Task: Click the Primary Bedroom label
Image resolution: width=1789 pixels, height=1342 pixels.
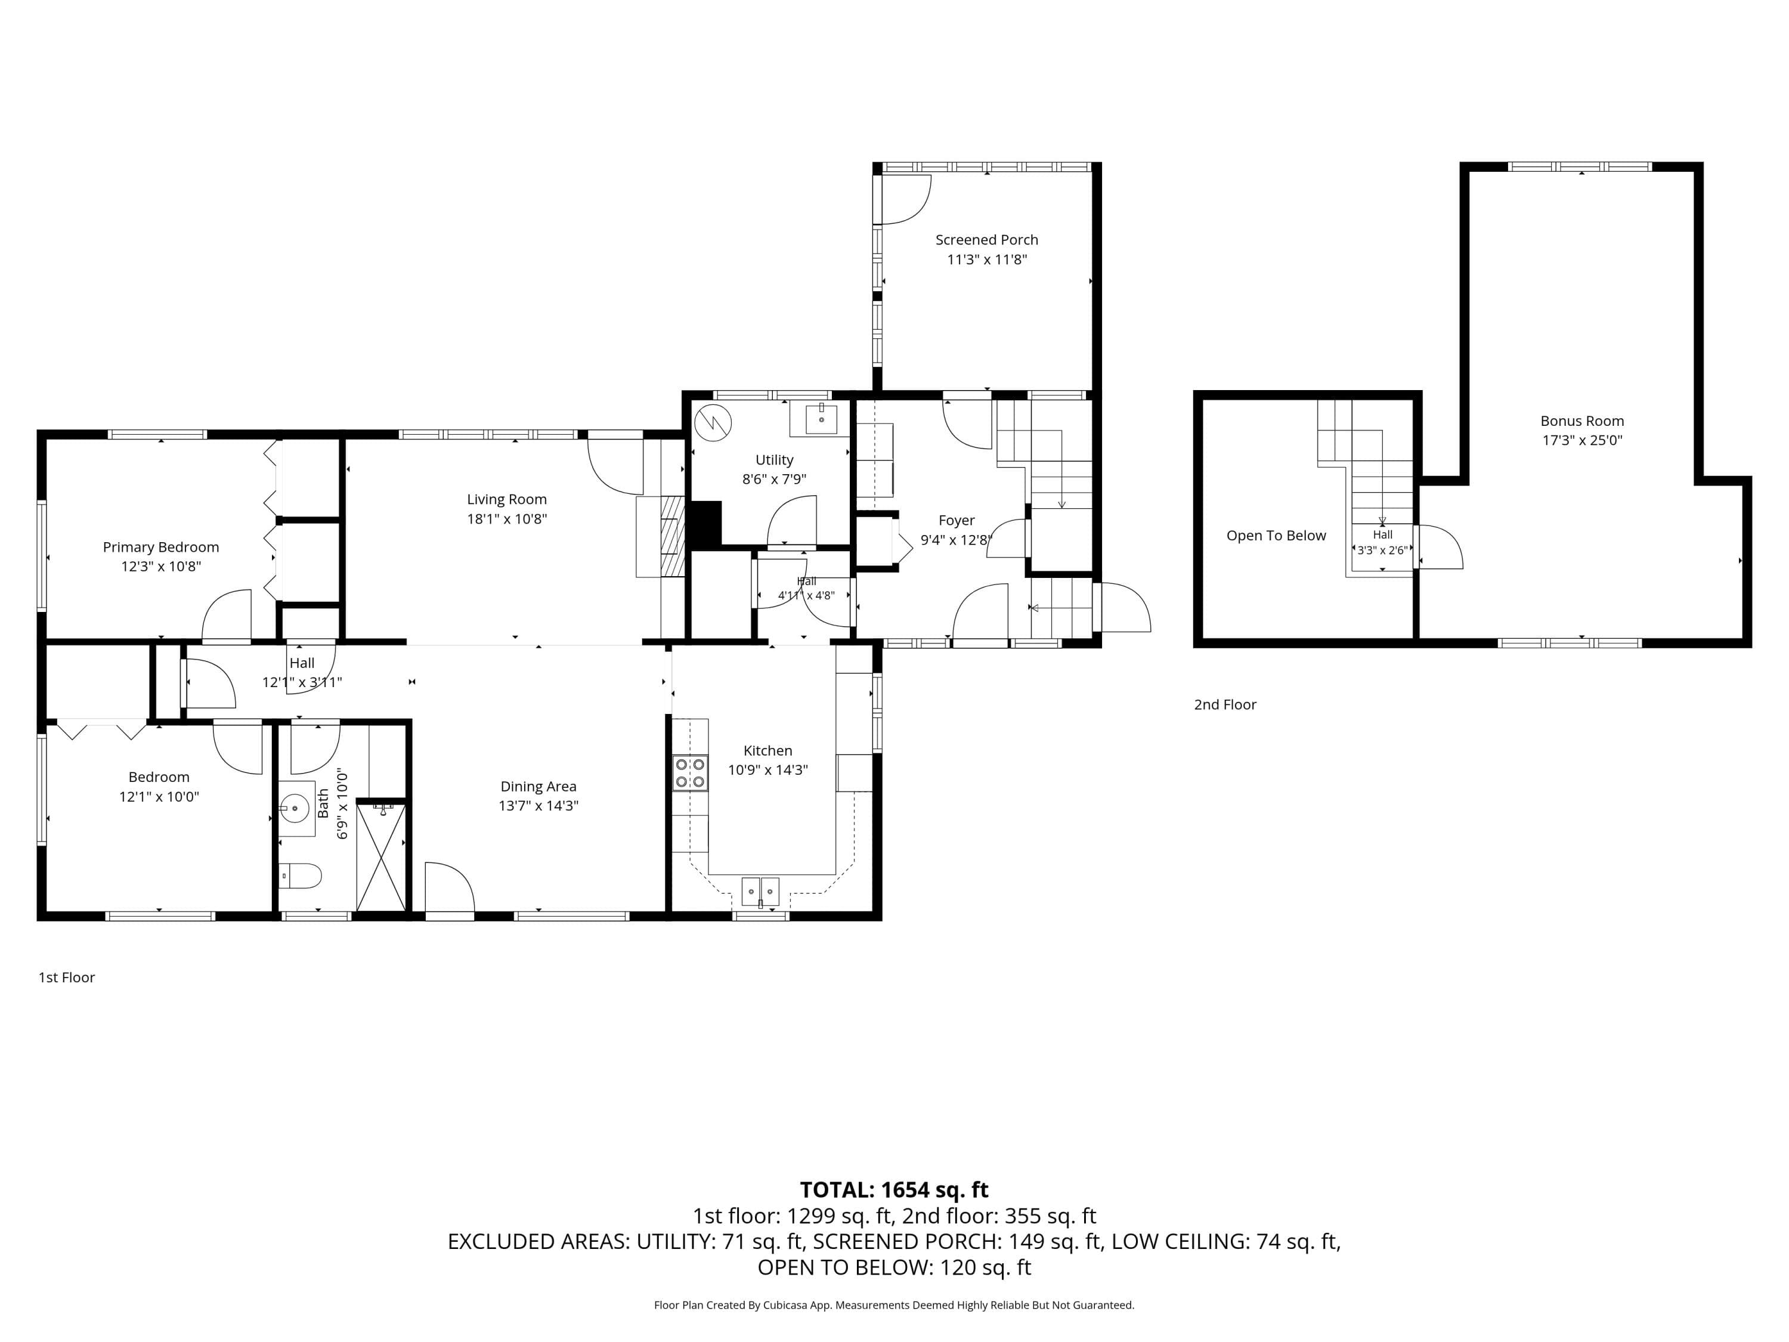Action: click(x=161, y=547)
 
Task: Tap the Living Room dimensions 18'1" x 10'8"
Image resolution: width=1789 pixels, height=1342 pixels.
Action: click(x=507, y=518)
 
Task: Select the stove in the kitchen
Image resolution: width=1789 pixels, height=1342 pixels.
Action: click(x=690, y=772)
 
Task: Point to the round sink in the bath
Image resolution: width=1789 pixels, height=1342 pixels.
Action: click(x=295, y=808)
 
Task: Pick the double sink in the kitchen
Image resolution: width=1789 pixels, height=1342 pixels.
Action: click(x=760, y=892)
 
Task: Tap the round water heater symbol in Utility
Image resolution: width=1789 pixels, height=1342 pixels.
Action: click(x=713, y=422)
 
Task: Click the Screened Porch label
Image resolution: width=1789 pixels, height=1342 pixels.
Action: click(x=987, y=239)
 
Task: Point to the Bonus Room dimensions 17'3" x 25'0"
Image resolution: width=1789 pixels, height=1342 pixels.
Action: click(x=1582, y=440)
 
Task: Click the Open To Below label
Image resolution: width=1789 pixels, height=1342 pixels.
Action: click(x=1276, y=536)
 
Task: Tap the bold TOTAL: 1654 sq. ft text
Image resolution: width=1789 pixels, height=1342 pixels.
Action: click(x=894, y=1190)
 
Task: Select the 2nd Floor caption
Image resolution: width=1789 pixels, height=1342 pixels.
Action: click(x=1225, y=704)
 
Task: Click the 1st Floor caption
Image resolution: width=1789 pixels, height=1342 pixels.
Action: click(x=66, y=977)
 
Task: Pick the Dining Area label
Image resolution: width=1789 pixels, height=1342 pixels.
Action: click(x=538, y=786)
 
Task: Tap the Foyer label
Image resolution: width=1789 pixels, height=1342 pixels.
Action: click(x=957, y=520)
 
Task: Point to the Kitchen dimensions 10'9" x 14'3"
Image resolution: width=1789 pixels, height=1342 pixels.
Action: click(x=767, y=769)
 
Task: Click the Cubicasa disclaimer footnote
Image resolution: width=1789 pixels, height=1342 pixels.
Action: click(x=894, y=1305)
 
